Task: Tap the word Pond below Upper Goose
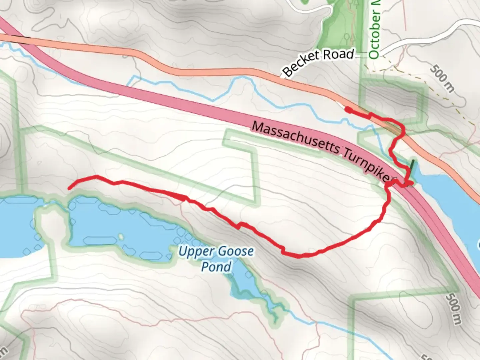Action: [x=216, y=267]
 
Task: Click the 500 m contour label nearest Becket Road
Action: [x=442, y=79]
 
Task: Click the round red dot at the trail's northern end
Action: [x=347, y=109]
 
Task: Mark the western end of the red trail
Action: [x=69, y=189]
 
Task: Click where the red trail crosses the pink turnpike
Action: [x=398, y=184]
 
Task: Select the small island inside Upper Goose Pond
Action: [x=121, y=237]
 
